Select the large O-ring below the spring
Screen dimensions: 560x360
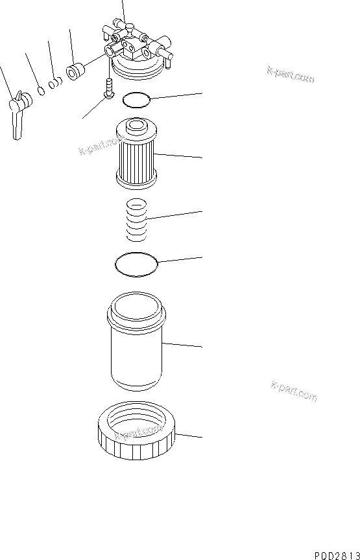coord(136,264)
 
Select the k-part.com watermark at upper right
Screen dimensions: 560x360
coord(290,74)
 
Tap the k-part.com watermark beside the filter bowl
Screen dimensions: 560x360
coord(293,391)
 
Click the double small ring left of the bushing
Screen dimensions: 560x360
coord(56,81)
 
